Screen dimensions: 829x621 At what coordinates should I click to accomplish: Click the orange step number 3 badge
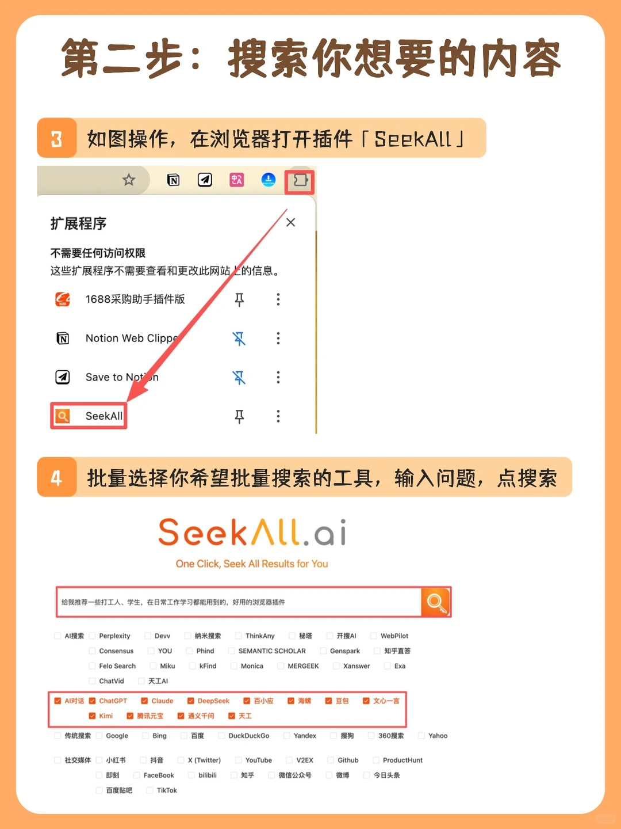click(x=56, y=138)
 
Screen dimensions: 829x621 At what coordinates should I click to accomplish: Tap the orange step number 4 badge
click(x=56, y=477)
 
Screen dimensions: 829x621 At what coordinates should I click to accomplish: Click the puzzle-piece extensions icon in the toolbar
click(x=300, y=181)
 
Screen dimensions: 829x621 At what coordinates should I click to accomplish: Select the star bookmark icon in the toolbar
click(x=129, y=180)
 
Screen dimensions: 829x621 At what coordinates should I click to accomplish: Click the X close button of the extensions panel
click(x=290, y=222)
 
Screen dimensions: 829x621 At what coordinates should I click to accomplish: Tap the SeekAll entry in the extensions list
click(x=89, y=416)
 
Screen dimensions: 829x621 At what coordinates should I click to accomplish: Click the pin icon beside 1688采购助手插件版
click(x=239, y=299)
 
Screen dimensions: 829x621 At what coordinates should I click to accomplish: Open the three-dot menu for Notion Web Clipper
click(x=278, y=338)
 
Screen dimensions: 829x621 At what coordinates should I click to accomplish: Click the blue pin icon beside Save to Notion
click(x=239, y=377)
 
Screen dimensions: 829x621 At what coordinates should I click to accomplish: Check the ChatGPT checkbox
click(x=92, y=701)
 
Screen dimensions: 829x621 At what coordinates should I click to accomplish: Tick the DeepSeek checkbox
click(x=190, y=701)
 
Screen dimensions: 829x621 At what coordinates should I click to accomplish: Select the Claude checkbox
click(x=145, y=701)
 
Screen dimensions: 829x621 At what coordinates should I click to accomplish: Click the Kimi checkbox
click(x=92, y=716)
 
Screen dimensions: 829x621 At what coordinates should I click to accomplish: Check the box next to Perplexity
click(x=92, y=636)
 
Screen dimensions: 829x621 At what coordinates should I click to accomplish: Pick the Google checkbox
click(x=99, y=736)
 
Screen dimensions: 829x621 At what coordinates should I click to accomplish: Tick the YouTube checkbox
click(x=238, y=760)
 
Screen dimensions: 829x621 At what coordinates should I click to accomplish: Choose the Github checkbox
click(x=331, y=760)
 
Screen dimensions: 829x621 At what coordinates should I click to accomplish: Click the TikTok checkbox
click(x=150, y=790)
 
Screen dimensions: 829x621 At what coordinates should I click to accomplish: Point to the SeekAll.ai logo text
click(x=252, y=533)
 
